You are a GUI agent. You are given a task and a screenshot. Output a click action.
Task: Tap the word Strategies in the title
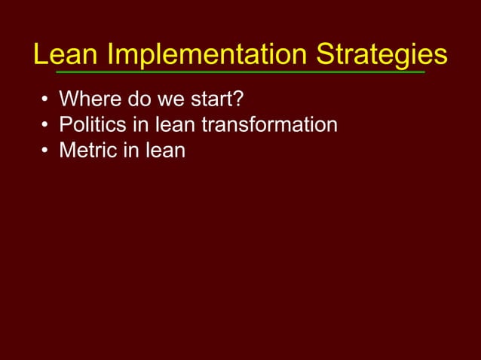point(381,54)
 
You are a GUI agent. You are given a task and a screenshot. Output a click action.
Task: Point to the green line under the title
point(240,72)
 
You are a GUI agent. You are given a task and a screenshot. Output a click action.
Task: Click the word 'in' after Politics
point(140,124)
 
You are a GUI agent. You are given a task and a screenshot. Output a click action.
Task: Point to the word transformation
point(269,124)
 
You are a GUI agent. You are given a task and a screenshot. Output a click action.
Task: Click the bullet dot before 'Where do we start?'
point(46,100)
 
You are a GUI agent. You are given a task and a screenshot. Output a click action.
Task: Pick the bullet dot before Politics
point(46,126)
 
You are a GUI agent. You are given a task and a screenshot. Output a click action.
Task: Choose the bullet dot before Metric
point(46,151)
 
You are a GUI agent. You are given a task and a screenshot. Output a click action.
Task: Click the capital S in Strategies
point(326,54)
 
